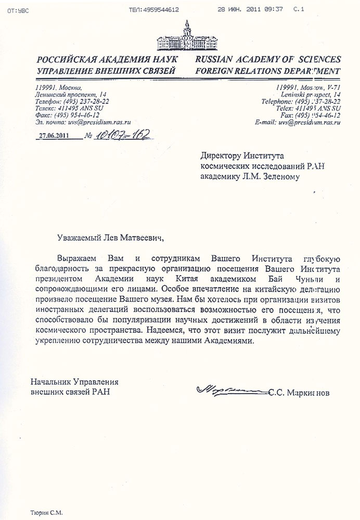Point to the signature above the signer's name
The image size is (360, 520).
pyautogui.click(x=229, y=388)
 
